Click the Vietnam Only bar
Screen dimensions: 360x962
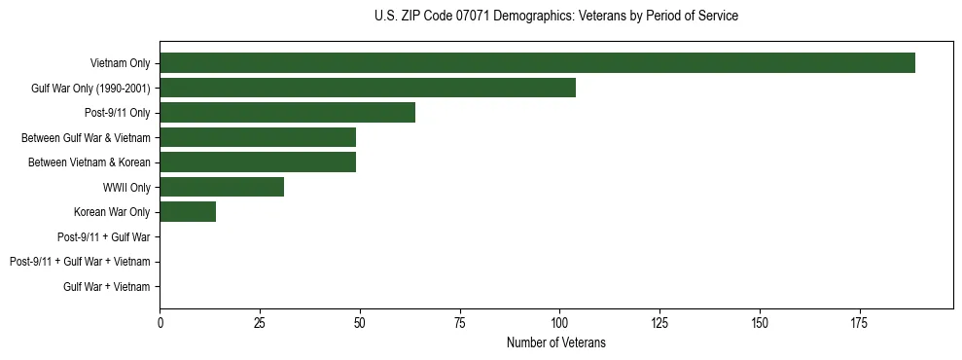point(537,63)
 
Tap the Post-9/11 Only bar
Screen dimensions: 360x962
point(287,113)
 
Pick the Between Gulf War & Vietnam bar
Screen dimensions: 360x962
point(258,137)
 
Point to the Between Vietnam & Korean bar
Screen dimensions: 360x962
point(258,162)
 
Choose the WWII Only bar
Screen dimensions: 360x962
point(222,187)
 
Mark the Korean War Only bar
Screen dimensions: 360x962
point(188,212)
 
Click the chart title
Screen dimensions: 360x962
point(555,17)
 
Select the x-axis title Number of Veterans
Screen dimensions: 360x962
point(555,342)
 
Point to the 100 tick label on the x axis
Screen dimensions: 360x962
point(559,322)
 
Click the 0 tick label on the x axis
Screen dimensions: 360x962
point(160,322)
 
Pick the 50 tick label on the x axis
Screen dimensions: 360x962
point(360,322)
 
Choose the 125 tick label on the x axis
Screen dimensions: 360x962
point(659,322)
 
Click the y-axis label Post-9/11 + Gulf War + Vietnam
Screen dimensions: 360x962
point(80,262)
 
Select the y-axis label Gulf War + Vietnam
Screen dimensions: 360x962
point(107,287)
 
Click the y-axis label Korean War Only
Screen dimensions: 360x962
point(112,212)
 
